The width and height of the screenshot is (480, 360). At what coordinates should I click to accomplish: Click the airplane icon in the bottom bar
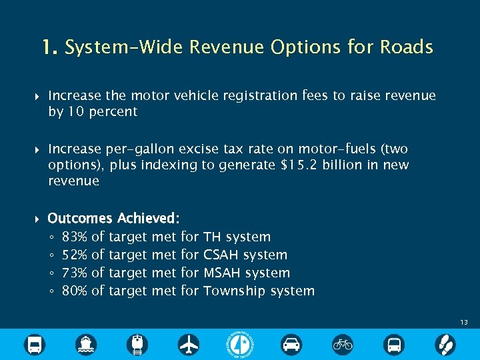pos(189,345)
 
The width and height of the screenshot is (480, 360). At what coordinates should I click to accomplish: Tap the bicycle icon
pos(343,345)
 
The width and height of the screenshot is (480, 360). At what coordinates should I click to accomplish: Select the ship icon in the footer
pos(86,345)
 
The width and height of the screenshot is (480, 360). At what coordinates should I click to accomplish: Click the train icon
pos(137,345)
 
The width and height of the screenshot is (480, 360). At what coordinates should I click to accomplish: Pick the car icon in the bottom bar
pos(291,345)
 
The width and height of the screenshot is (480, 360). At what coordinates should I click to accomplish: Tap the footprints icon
pos(445,345)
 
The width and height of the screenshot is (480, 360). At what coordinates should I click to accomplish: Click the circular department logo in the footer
pos(240,344)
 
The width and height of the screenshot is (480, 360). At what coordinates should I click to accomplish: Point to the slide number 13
pos(463,322)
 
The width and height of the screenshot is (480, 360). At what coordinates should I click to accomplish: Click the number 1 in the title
pos(47,47)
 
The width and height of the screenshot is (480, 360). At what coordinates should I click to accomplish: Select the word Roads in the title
pos(407,47)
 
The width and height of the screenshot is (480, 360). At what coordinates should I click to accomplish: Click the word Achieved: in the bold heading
pos(148,218)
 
